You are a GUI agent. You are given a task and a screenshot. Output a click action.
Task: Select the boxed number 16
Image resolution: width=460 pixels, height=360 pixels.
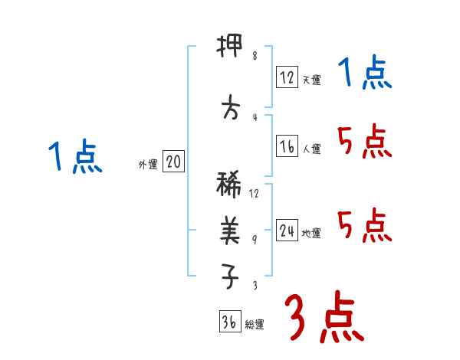287,146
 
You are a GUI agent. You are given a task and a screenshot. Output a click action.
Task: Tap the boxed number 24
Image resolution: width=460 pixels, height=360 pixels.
287,230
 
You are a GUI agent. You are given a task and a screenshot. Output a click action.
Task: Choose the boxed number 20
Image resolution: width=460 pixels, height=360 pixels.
173,162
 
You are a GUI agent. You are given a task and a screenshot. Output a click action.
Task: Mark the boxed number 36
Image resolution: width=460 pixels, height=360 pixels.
229,322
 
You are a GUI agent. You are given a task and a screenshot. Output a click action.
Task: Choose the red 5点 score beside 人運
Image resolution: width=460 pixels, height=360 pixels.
365,142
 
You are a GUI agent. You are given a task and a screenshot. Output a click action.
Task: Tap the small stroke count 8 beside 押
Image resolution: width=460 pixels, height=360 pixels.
255,55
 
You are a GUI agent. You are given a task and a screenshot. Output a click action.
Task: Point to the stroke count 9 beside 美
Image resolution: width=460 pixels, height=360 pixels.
255,238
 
